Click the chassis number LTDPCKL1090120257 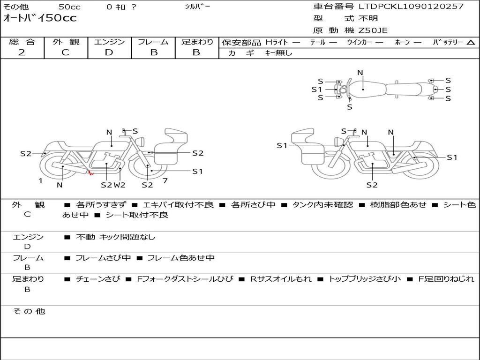click(411, 7)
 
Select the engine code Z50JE click(373, 30)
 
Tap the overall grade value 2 click(22, 52)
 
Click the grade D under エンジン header click(109, 52)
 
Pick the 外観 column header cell click(66, 42)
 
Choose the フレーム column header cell click(153, 42)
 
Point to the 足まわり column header click(197, 42)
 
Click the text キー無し click(278, 53)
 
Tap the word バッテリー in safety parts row click(447, 42)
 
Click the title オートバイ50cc click(40, 18)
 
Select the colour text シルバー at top click(198, 7)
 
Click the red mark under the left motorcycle click(90, 173)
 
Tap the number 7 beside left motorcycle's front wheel click(165, 180)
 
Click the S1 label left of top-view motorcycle click(317, 90)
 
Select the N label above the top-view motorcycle click(360, 73)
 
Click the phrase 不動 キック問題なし click(115, 237)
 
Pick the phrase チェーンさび click(98, 279)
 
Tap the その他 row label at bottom click(29, 311)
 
